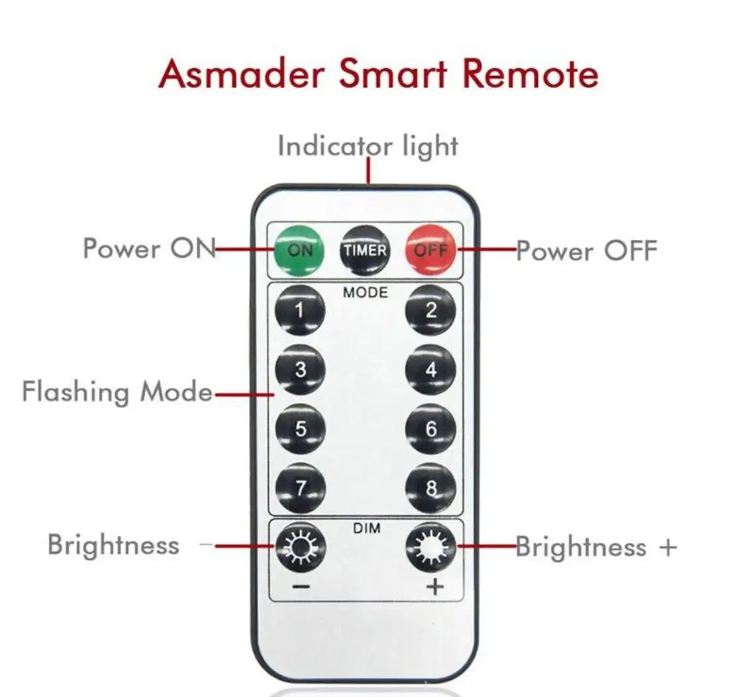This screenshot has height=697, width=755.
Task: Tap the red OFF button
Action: coord(431,250)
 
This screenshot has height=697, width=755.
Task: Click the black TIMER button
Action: coord(365,250)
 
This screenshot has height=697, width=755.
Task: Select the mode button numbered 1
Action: coord(300,310)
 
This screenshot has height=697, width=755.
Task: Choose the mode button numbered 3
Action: coord(300,370)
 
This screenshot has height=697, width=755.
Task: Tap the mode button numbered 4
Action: coord(430,370)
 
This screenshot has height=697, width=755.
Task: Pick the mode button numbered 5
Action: coord(300,429)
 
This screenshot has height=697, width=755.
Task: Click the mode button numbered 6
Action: coord(430,429)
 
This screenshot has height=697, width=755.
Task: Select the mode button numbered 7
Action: coord(300,488)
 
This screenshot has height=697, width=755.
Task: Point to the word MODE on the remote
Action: coord(366,292)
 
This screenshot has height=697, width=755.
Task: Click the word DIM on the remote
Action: coord(366,529)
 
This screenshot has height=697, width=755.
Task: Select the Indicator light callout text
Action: coord(368,146)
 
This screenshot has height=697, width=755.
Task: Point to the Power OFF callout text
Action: coord(587,251)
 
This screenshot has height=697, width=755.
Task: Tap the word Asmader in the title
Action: coord(242,74)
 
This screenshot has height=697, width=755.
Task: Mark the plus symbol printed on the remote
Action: coord(434,587)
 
